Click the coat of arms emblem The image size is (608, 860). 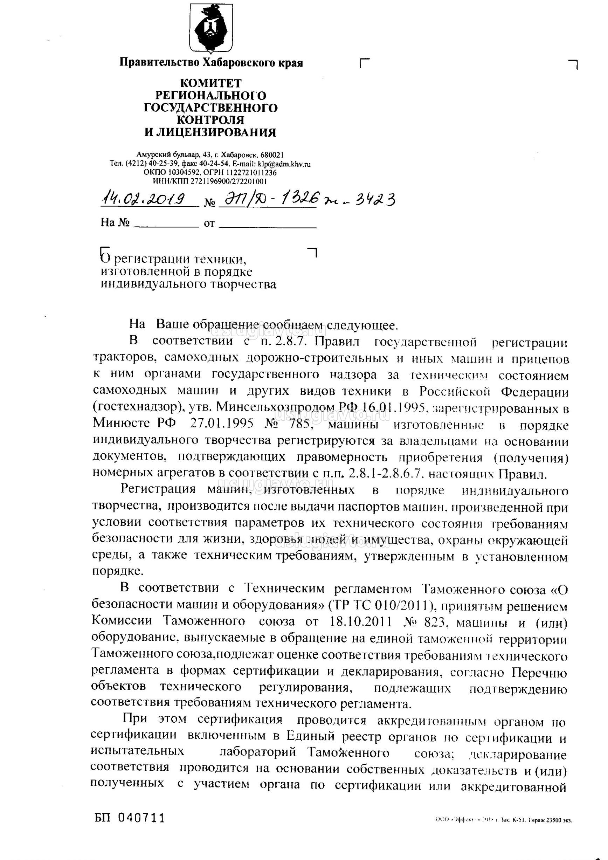[x=211, y=28]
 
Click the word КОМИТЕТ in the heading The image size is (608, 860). [x=211, y=83]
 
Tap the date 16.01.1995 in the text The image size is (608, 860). [x=397, y=407]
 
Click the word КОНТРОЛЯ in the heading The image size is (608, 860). [x=210, y=120]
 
